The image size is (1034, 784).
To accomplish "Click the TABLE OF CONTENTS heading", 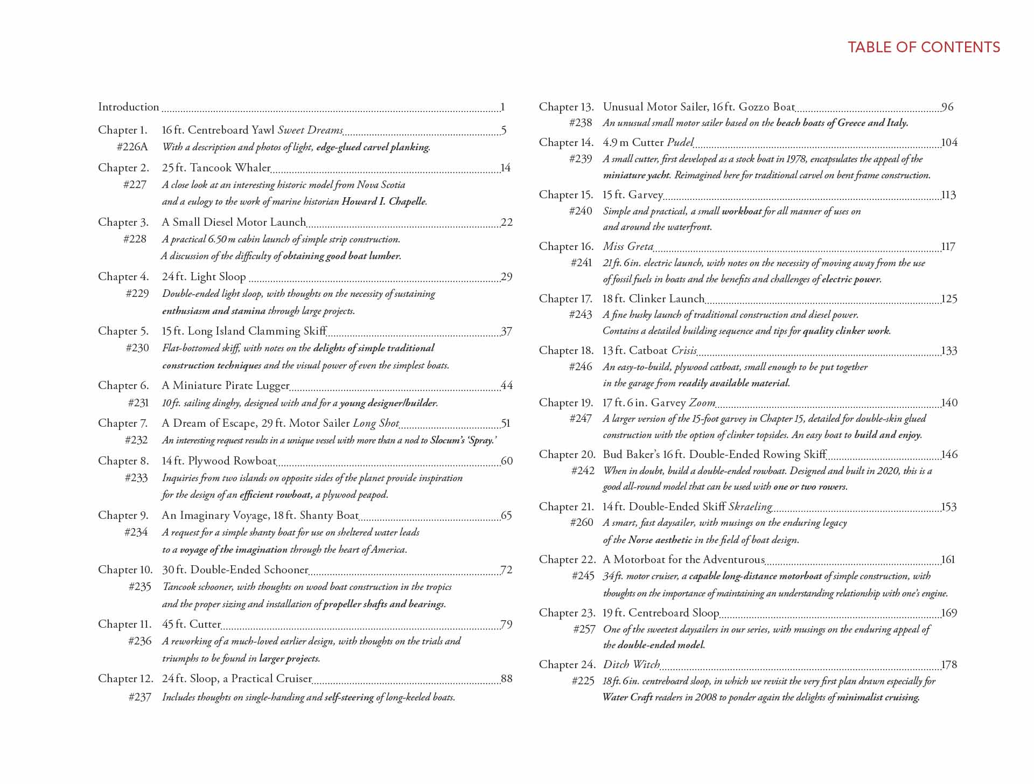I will [x=924, y=47].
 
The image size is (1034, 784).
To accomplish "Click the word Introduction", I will [x=129, y=107].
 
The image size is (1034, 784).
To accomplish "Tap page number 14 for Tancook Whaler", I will [x=506, y=168].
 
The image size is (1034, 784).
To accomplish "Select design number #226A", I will [x=132, y=147].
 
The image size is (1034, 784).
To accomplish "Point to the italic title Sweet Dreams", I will [x=310, y=130].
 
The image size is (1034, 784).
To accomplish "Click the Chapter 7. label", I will [x=123, y=423].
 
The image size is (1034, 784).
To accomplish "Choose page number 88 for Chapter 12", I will [x=507, y=678].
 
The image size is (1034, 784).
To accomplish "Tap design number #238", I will [x=581, y=122].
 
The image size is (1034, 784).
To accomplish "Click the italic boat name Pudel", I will [x=680, y=142].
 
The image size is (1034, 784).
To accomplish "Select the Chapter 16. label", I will [x=566, y=246].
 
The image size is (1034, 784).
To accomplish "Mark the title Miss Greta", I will [x=628, y=246].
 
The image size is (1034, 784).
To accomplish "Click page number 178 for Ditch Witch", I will [x=949, y=664].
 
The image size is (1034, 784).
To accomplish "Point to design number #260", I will [x=582, y=522].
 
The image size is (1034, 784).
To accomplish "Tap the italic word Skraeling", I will [x=750, y=507].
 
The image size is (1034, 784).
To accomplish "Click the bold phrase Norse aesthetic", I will [x=660, y=539].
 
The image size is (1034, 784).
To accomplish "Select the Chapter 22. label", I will [x=567, y=559].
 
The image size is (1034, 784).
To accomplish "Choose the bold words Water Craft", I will [x=627, y=697].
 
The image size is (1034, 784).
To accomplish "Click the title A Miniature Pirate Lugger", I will [x=226, y=385].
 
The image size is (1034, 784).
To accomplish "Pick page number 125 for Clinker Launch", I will [x=949, y=299].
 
